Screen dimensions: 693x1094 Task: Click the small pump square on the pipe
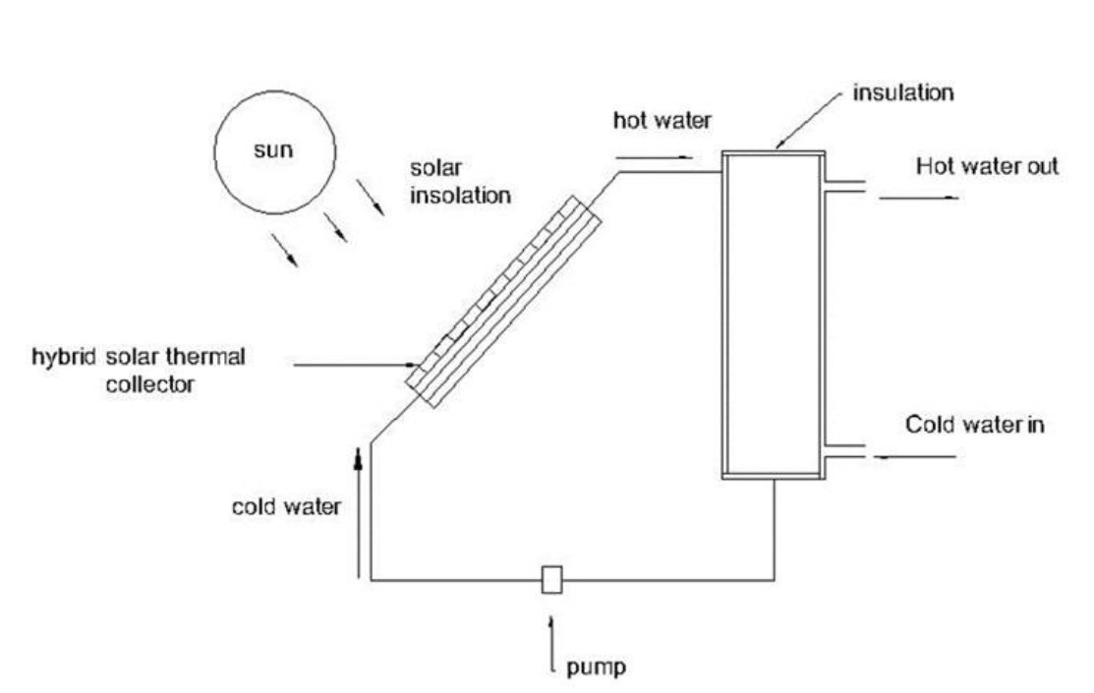coord(551,580)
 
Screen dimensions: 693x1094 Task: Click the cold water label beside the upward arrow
coord(286,507)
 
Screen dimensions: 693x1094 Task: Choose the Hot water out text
coord(987,166)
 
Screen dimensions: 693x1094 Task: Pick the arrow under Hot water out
coord(918,198)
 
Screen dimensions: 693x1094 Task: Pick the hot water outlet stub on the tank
coord(841,185)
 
